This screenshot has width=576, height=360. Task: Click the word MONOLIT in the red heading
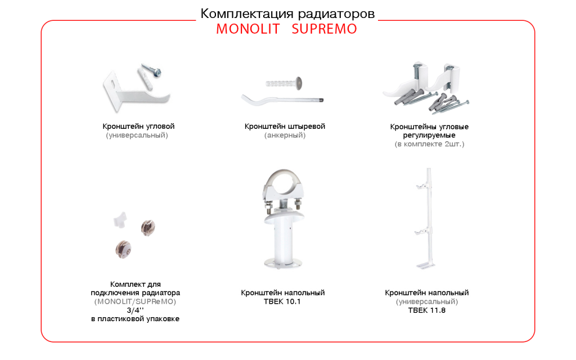(x=247, y=29)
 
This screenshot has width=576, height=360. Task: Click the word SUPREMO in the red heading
(x=324, y=29)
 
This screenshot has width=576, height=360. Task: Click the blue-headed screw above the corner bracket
(x=152, y=69)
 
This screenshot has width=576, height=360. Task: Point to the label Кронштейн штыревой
(x=285, y=127)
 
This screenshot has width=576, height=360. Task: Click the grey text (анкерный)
(x=285, y=136)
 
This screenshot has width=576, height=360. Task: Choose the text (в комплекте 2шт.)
(x=430, y=145)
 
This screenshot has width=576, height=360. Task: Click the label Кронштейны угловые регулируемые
(x=430, y=131)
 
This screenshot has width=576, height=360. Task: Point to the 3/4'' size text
(x=135, y=310)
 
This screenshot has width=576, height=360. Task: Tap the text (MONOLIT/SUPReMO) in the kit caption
(x=135, y=301)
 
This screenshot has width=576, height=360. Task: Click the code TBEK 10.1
(x=282, y=301)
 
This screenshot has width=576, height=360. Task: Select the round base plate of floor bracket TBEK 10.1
(x=283, y=262)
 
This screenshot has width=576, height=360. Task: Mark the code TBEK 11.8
(x=427, y=310)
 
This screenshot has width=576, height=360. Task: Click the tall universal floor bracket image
(x=428, y=219)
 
